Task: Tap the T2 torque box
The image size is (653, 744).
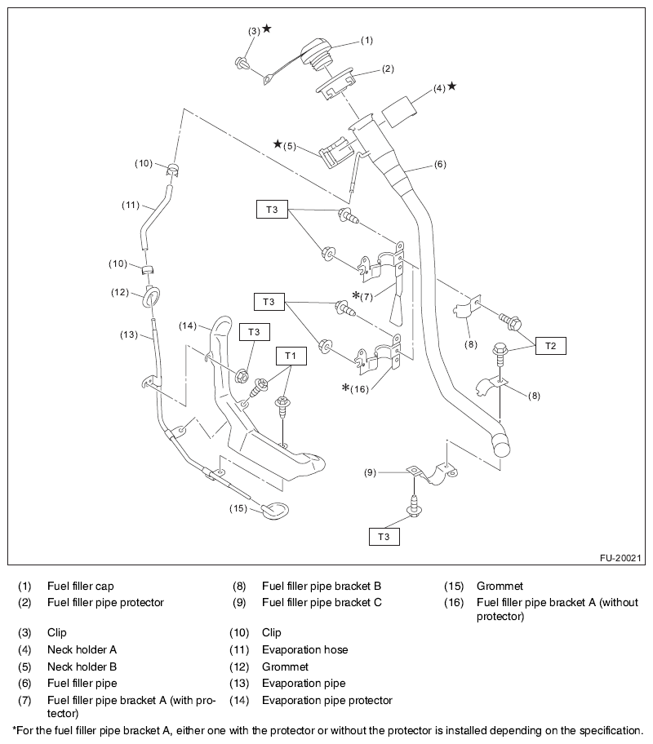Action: click(550, 346)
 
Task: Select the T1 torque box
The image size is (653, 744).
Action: click(291, 356)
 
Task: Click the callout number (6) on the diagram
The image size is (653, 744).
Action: click(440, 165)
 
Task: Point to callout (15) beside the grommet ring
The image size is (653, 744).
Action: click(238, 508)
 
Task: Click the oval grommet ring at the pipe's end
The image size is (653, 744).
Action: click(272, 511)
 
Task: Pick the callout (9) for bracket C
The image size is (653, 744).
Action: click(370, 472)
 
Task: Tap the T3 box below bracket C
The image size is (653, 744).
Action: click(384, 536)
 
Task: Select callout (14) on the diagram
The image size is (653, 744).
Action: click(188, 325)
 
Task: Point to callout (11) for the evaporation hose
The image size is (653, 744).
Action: click(131, 206)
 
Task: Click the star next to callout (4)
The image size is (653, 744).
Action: click(452, 86)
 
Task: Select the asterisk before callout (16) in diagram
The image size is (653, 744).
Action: click(346, 387)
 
